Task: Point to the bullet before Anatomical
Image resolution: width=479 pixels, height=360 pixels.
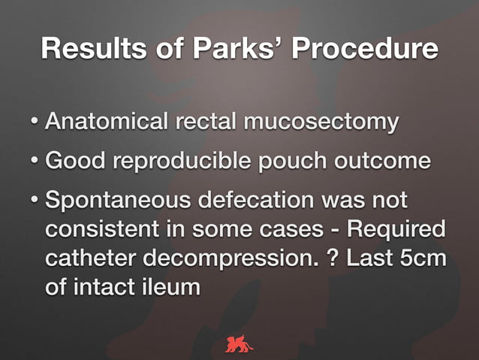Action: pyautogui.click(x=35, y=122)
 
